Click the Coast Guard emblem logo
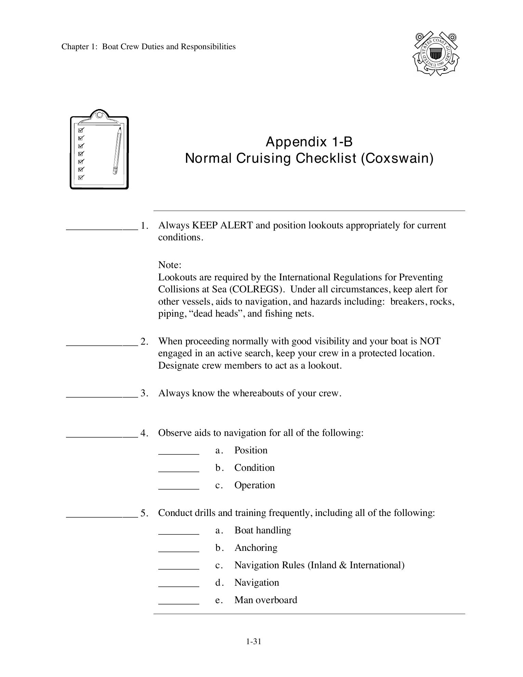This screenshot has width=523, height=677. click(x=435, y=54)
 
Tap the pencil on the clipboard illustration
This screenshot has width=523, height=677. click(x=117, y=150)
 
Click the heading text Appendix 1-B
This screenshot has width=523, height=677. click(x=309, y=141)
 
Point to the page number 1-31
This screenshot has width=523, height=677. click(x=253, y=641)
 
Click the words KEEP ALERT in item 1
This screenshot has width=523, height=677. click(x=223, y=225)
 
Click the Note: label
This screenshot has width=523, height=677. click(x=170, y=265)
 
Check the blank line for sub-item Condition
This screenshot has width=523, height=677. click(x=178, y=471)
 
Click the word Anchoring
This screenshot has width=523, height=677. click(x=256, y=548)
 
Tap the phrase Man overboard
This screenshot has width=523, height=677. click(x=266, y=600)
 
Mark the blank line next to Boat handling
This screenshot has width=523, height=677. click(x=178, y=534)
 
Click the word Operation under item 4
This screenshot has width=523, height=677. click(x=254, y=485)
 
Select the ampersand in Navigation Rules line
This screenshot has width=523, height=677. click(x=343, y=565)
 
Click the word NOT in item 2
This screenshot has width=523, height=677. click(x=430, y=341)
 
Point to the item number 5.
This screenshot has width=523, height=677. click(x=144, y=513)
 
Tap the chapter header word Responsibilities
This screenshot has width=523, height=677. click(x=208, y=47)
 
